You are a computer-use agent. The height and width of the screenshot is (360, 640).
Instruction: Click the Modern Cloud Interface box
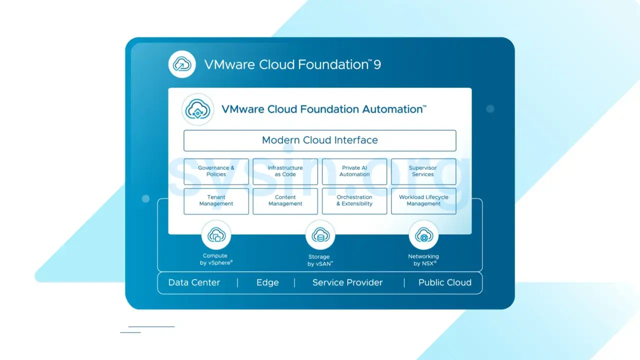(319, 140)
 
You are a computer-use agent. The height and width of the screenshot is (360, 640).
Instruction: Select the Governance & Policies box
(216, 171)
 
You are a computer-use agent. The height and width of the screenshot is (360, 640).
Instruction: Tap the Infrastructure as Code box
(285, 171)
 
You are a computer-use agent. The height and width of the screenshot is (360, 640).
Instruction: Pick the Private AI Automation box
(354, 171)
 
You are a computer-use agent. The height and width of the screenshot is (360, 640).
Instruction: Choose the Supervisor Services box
(423, 171)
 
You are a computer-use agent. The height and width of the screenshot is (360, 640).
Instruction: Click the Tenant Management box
(216, 201)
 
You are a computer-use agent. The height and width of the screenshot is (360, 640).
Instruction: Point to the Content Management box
(285, 201)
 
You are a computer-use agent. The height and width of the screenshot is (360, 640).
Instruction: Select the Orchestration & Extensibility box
(354, 201)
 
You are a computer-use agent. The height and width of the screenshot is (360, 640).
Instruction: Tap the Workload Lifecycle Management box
(423, 201)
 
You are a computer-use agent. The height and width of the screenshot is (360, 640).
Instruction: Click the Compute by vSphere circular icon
(216, 235)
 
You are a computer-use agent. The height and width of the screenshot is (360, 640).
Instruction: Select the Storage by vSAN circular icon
(320, 235)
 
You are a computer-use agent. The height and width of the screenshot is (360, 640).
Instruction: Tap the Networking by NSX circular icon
(423, 235)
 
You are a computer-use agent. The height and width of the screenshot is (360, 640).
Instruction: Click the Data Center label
(194, 282)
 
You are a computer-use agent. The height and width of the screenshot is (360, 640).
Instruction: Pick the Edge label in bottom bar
(267, 282)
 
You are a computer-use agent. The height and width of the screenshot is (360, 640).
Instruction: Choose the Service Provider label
(347, 282)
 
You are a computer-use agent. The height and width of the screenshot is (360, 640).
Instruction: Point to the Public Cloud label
(444, 282)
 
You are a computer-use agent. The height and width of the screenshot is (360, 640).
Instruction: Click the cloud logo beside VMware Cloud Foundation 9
(182, 64)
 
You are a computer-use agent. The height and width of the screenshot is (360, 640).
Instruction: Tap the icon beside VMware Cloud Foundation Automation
(197, 109)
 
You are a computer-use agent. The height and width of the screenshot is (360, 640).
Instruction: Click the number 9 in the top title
(377, 65)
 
